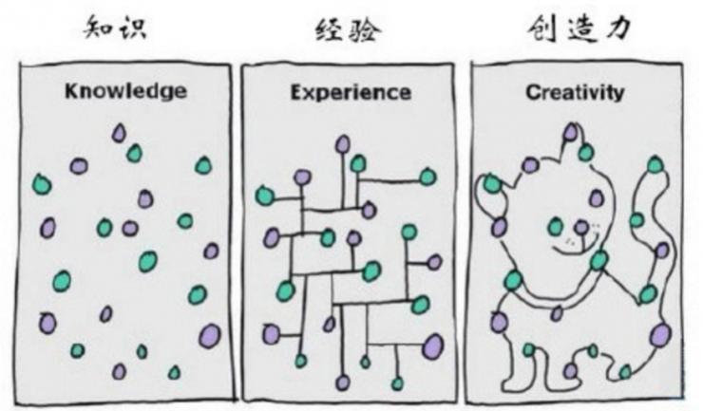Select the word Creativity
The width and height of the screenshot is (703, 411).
click(x=575, y=92)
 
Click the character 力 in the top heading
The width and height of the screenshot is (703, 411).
click(x=618, y=31)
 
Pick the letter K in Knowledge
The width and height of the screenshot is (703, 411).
click(x=71, y=92)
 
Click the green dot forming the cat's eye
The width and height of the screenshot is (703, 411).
click(x=556, y=227)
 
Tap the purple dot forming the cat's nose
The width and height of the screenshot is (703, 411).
click(x=580, y=228)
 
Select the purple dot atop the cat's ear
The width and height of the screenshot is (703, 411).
click(x=570, y=132)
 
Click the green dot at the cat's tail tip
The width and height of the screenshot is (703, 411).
click(x=655, y=165)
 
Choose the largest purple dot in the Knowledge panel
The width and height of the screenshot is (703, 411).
click(x=209, y=335)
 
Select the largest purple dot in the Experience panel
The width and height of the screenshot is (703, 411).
click(x=432, y=344)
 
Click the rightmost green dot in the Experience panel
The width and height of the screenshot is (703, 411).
click(x=427, y=177)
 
